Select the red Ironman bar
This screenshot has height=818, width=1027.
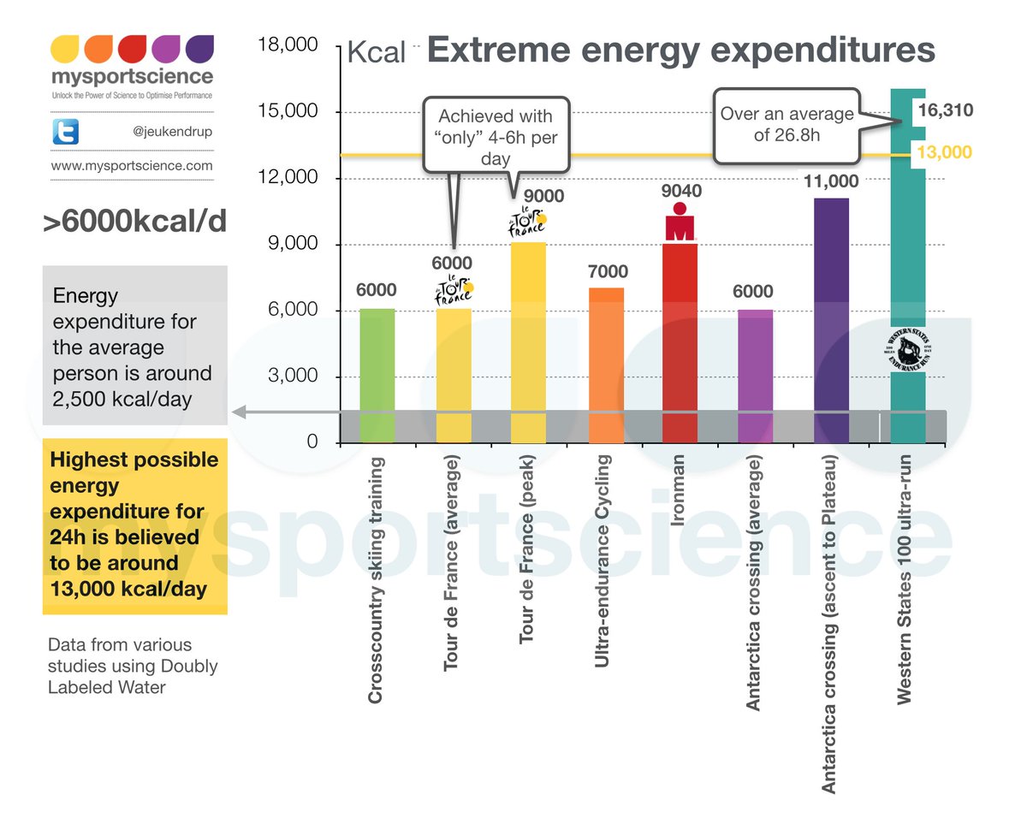coord(680,342)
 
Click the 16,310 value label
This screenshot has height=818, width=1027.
coord(945,110)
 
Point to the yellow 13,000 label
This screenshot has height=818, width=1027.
coord(944,152)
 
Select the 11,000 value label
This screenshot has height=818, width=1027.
coord(831,181)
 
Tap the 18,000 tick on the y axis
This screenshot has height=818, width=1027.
coord(288,45)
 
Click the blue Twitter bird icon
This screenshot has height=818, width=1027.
coord(66,131)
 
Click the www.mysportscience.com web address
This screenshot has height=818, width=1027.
coord(132,165)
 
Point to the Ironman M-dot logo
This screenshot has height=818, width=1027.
coord(680,221)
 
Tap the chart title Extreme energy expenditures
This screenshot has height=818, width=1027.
coord(680,50)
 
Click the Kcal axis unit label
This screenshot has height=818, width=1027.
coord(376,53)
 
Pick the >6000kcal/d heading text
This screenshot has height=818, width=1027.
coord(135,222)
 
